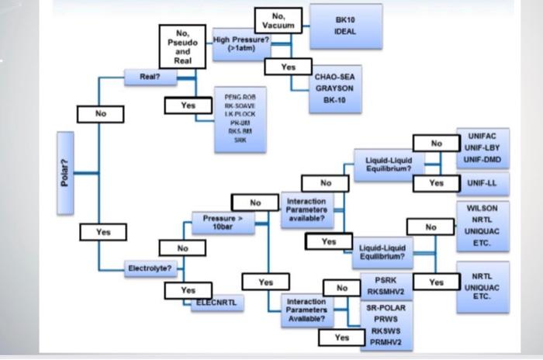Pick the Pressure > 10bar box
pos(224,223)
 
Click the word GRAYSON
pos(334,89)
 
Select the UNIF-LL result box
pos(482,182)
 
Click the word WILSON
pos(482,209)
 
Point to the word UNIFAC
pos(482,135)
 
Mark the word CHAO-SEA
pos(334,77)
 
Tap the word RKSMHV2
pos(382,292)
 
